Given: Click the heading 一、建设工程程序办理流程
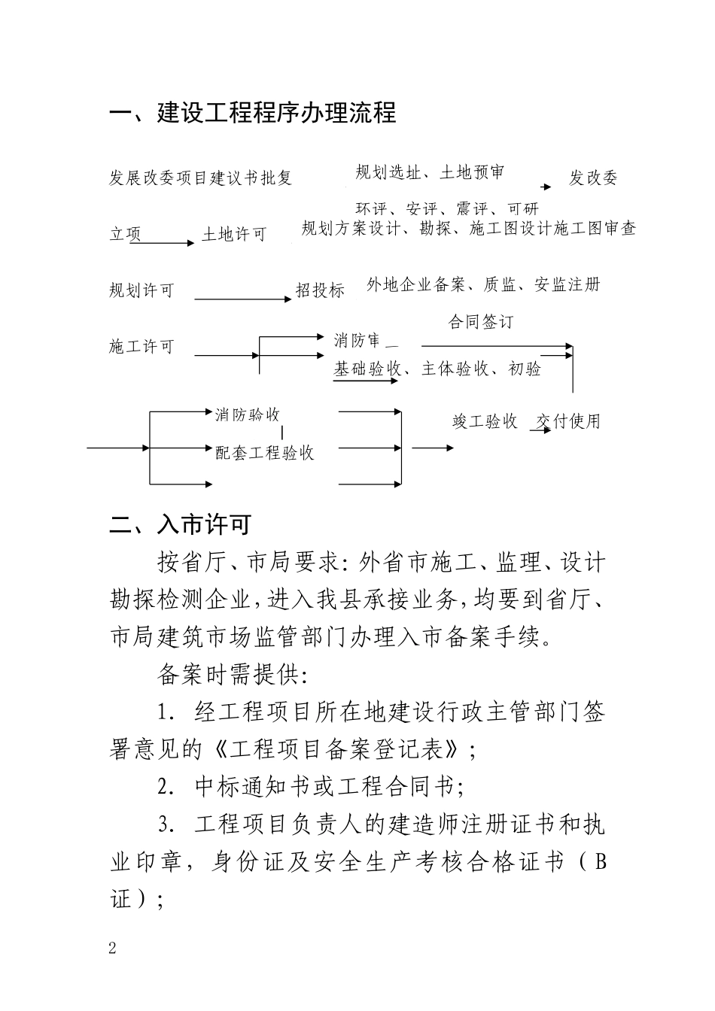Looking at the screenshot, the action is tap(253, 113).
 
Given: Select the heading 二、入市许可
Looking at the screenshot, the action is tap(181, 524).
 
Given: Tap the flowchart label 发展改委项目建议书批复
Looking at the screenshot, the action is tap(201, 178).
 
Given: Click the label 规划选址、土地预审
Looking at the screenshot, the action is tap(430, 172).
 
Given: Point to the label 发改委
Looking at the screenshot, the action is tap(593, 178).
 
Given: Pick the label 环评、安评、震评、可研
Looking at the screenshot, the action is tap(447, 208).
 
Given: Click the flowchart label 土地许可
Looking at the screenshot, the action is tap(234, 235).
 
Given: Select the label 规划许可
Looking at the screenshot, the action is tap(141, 290).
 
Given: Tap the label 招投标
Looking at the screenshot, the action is tap(320, 290).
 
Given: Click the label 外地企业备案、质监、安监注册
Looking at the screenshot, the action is tap(483, 284).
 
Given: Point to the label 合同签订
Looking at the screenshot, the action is tap(481, 322).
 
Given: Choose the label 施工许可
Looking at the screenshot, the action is tap(141, 346).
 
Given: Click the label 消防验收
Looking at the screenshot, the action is tap(248, 414).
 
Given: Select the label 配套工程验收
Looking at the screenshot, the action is tap(264, 452).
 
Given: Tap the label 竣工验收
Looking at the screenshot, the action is tap(485, 421).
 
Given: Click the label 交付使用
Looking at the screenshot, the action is tap(569, 421).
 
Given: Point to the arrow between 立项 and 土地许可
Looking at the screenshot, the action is tap(163, 242).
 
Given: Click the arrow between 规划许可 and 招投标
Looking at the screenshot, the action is tap(243, 299).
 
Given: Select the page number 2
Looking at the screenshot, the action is tap(113, 948).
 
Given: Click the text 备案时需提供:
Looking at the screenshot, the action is tap(232, 675).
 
